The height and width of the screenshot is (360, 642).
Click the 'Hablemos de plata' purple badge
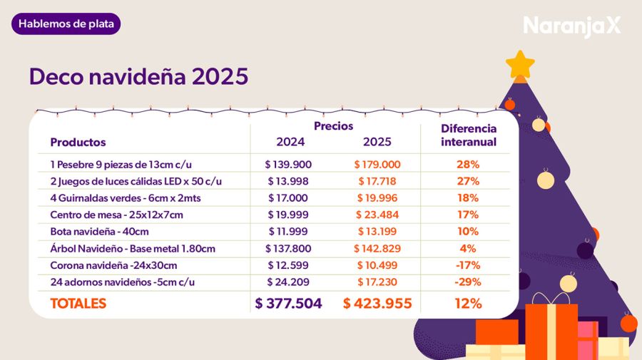pyautogui.click(x=66, y=24)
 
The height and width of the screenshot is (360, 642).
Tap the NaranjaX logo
pyautogui.click(x=571, y=26)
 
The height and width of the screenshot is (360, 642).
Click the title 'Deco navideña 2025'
pyautogui.click(x=138, y=77)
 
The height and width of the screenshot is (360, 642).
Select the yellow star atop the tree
pyautogui.click(x=520, y=63)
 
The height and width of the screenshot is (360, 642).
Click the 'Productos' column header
pyautogui.click(x=78, y=142)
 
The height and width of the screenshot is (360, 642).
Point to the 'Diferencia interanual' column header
pyautogui.click(x=468, y=135)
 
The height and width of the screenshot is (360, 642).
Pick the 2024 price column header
pyautogui.click(x=288, y=141)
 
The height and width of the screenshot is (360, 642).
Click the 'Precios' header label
pyautogui.click(x=333, y=125)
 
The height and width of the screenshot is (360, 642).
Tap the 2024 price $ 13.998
pyautogui.click(x=288, y=181)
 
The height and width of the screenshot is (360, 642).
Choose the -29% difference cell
pyautogui.click(x=468, y=282)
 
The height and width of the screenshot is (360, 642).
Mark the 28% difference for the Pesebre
pyautogui.click(x=468, y=164)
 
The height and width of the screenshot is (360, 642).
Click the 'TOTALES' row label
pyautogui.click(x=78, y=303)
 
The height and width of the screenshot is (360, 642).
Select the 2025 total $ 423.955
pyautogui.click(x=377, y=303)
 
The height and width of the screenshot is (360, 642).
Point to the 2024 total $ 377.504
pyautogui.click(x=288, y=303)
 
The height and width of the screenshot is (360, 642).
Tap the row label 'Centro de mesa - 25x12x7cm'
pyautogui.click(x=116, y=215)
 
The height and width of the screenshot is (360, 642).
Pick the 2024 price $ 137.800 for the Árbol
pyautogui.click(x=288, y=248)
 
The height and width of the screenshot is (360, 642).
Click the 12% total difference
pyautogui.click(x=468, y=303)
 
